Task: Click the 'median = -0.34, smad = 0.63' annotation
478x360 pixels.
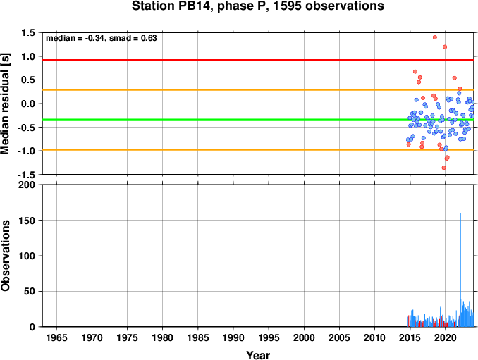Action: point(102,38)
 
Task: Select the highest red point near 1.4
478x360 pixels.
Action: point(435,37)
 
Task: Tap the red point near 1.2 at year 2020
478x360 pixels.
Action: point(445,47)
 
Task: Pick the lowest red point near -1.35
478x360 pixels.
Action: point(444,168)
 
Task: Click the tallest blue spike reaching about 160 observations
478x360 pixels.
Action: point(460,270)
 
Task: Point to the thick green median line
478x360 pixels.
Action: point(258,120)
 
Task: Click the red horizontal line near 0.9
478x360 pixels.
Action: point(258,60)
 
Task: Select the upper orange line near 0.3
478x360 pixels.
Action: point(258,90)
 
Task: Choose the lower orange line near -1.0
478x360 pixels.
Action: point(258,150)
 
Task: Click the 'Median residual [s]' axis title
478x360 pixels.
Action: point(5,104)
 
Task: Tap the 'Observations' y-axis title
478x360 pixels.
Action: point(5,256)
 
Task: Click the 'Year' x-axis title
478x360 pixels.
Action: point(258,355)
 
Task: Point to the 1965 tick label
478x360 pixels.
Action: point(56,337)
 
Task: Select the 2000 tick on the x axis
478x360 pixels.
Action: point(304,337)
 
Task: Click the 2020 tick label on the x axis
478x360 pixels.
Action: point(446,337)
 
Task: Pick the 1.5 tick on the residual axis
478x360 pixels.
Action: point(28,32)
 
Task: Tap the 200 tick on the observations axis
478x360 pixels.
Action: point(27,185)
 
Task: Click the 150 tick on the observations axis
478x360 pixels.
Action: point(27,221)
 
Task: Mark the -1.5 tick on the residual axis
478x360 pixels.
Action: point(27,175)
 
